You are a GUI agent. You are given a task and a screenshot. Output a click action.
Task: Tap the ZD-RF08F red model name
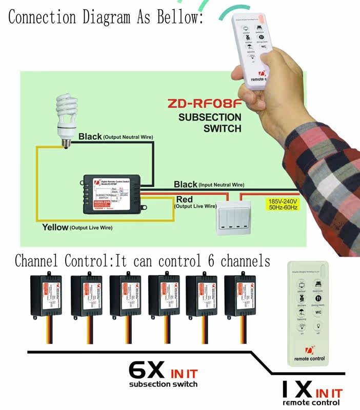click(204, 104)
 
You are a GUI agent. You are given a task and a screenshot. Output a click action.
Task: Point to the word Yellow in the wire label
click(55, 227)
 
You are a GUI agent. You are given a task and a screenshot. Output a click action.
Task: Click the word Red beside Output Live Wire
click(185, 199)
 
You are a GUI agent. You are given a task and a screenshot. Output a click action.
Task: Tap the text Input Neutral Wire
click(222, 184)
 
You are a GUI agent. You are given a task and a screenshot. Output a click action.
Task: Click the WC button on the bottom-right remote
click(318, 312)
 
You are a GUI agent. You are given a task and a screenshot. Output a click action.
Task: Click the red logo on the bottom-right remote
click(309, 351)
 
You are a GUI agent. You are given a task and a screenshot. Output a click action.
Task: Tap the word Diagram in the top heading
click(106, 17)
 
